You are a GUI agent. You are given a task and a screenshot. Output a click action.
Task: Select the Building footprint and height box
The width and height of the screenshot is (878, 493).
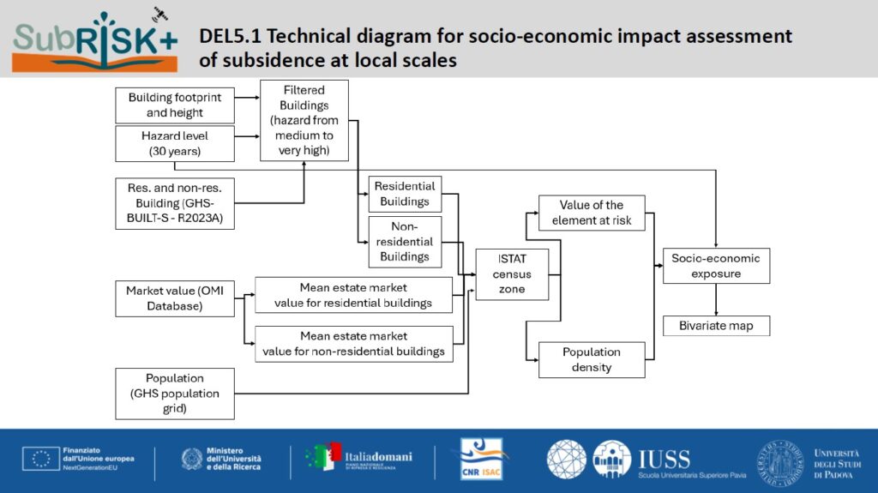coord(175,105)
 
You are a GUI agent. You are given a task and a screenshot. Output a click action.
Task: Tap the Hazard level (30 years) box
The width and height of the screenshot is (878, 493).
coord(175,143)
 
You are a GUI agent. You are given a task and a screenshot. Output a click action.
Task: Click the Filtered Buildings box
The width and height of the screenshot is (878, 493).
coord(304,120)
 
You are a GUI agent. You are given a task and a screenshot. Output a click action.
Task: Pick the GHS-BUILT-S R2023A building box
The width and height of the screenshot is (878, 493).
coord(175,203)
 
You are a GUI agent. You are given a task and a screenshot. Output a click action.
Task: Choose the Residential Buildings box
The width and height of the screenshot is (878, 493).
coord(405,194)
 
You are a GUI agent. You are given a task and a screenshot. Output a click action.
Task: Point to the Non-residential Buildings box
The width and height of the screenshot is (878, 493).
coord(405,242)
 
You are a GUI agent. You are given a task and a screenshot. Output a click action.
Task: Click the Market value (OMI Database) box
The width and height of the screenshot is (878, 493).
coord(175,298)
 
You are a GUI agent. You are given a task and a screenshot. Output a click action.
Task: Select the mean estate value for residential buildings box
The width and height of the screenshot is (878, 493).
coord(353,295)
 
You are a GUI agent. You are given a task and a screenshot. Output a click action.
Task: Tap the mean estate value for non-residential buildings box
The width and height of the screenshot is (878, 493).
coord(354,344)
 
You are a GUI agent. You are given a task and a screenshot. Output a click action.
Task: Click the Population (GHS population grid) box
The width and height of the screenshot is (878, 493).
coord(175,394)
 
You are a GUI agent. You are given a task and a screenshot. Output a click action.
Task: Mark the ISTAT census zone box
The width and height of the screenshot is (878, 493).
coord(512,274)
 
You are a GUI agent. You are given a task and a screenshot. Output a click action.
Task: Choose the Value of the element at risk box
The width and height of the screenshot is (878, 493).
coord(592,213)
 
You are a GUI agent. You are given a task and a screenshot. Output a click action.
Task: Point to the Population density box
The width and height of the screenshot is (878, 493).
coord(592,359)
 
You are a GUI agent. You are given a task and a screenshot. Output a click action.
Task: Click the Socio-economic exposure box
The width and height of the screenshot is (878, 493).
coord(716,266)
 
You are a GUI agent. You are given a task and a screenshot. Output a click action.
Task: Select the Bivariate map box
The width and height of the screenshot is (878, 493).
coord(716,326)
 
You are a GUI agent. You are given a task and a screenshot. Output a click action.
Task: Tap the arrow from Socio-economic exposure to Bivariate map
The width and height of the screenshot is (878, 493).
coord(716,300)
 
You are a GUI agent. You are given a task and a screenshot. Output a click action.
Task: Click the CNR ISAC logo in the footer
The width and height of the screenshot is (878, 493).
coord(481,460)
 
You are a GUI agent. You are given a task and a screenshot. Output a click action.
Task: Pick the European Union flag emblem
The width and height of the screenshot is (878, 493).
coord(41,459)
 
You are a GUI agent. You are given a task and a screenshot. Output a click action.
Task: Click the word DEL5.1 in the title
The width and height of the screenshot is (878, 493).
coord(230,36)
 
